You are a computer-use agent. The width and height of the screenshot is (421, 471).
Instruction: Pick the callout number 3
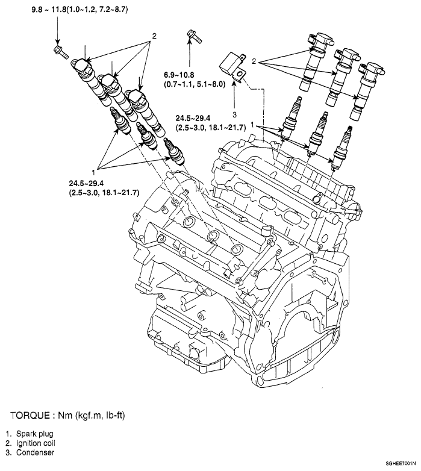pos(236,113)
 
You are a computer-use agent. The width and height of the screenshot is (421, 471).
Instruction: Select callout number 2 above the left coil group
pos(154,37)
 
